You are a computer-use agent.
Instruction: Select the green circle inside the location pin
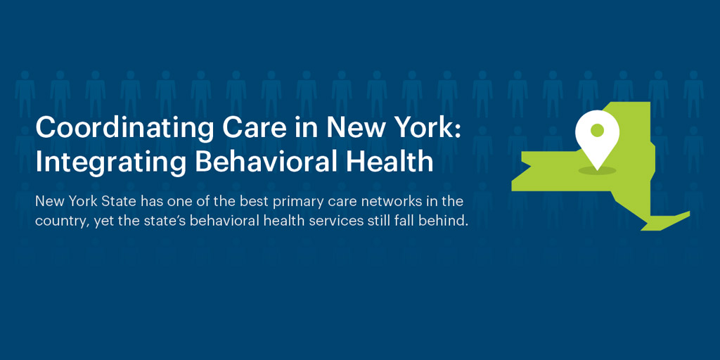click(x=597, y=130)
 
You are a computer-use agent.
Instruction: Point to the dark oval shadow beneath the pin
click(x=597, y=171)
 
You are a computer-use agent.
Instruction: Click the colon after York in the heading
click(x=456, y=129)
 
